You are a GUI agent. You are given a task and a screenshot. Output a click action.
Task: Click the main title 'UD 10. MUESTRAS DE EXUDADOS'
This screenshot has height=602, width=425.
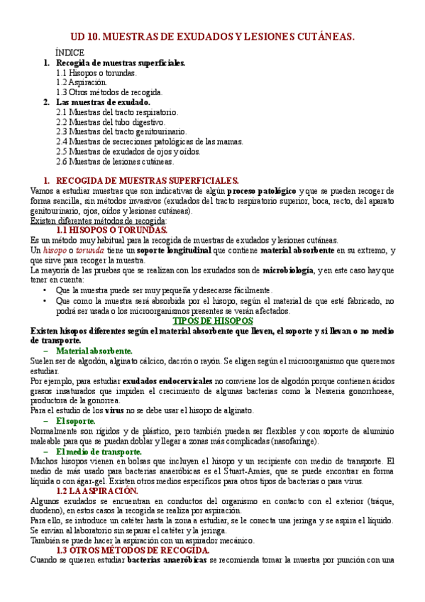[212, 36]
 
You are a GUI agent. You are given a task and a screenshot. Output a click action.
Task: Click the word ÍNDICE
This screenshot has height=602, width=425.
[70, 53]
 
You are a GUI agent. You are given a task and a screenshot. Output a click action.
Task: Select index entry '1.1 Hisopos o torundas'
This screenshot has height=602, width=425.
[96, 72]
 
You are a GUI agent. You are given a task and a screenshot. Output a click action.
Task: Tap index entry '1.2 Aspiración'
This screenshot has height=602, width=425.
[82, 82]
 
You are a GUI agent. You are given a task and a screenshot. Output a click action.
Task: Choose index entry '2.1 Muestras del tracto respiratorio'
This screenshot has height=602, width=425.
[117, 111]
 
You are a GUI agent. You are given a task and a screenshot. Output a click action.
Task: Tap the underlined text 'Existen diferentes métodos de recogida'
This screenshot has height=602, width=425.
[99, 220]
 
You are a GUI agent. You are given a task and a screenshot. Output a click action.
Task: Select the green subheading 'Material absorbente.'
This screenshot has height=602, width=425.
[94, 351]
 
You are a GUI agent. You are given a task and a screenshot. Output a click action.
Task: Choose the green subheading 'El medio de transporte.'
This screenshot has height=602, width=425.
[95, 450]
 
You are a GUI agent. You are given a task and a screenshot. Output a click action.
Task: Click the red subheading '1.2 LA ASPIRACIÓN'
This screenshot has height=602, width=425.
[97, 490]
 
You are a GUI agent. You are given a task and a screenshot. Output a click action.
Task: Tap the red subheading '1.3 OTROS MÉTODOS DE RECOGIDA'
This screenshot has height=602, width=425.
[132, 550]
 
